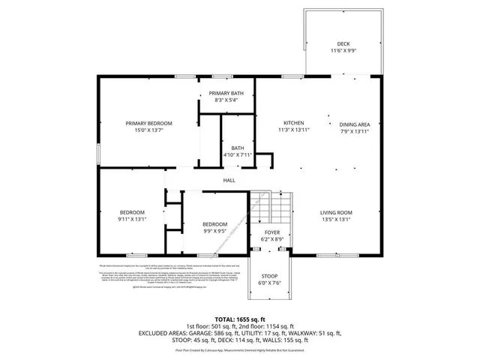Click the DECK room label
click(x=343, y=43)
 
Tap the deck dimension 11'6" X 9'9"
click(x=343, y=50)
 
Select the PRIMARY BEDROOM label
click(x=148, y=123)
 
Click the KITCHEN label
click(x=292, y=123)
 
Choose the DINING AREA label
click(x=355, y=124)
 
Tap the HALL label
click(x=229, y=180)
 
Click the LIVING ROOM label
click(x=337, y=213)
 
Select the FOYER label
click(x=271, y=232)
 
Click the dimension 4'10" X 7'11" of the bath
click(x=238, y=155)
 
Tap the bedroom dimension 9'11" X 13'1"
click(x=131, y=220)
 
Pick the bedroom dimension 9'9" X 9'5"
click(x=214, y=232)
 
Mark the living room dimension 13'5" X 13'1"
click(x=337, y=220)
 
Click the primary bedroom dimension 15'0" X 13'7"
click(x=148, y=130)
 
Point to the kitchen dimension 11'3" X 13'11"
click(x=292, y=130)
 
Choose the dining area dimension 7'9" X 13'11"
click(x=355, y=132)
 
